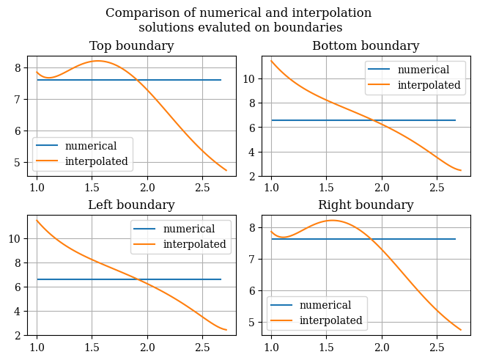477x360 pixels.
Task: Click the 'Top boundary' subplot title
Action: pyautogui.click(x=132, y=46)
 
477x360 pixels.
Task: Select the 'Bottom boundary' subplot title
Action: pyautogui.click(x=366, y=46)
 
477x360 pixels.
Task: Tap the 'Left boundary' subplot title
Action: pyautogui.click(x=132, y=205)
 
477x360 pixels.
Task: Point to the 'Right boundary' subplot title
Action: pyautogui.click(x=366, y=205)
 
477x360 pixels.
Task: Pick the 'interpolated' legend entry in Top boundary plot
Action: pyautogui.click(x=96, y=161)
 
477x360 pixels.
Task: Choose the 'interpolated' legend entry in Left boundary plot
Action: pyautogui.click(x=194, y=244)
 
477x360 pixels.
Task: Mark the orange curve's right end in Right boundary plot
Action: pyautogui.click(x=461, y=330)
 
